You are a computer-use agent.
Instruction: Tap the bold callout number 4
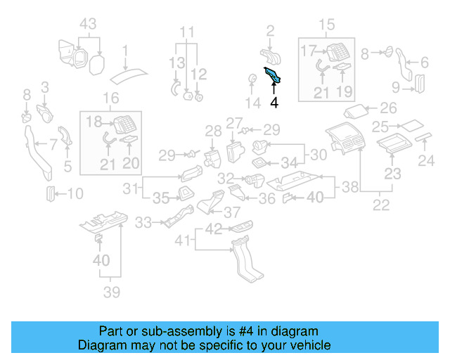pyautogui.click(x=274, y=103)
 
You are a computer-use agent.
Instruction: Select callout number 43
pyautogui.click(x=87, y=24)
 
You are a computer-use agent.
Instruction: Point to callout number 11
pyautogui.click(x=186, y=32)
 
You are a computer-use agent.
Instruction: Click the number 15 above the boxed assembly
pyautogui.click(x=328, y=26)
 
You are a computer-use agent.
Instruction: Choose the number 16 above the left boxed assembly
pyautogui.click(x=110, y=98)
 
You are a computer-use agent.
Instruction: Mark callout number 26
pyautogui.click(x=389, y=108)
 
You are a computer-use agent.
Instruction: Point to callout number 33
pyautogui.click(x=143, y=223)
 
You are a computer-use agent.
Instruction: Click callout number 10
pyautogui.click(x=75, y=193)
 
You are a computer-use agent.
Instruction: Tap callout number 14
pyautogui.click(x=252, y=103)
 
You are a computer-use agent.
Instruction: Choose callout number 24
pyautogui.click(x=427, y=161)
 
